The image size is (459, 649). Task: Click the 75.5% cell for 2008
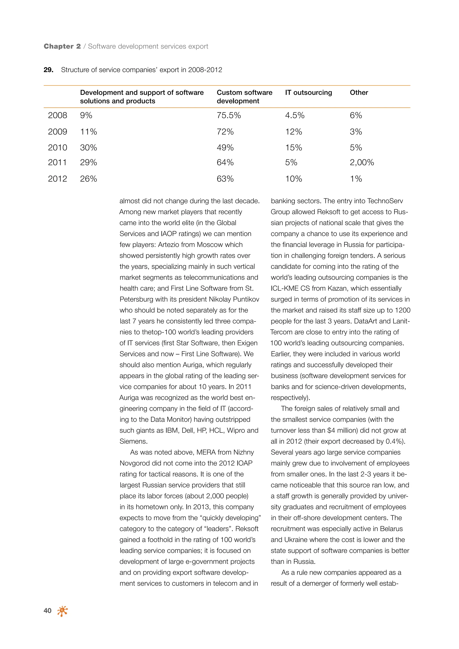pyautogui.click(x=229, y=115)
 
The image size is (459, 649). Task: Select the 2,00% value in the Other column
pyautogui.click(x=362, y=162)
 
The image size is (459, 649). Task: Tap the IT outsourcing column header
pyautogui.click(x=308, y=93)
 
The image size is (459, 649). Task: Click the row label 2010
pyautogui.click(x=57, y=147)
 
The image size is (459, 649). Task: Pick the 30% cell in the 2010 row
pyautogui.click(x=89, y=147)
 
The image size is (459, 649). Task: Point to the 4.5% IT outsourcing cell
pyautogui.click(x=294, y=115)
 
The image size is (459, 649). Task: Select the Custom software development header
pyautogui.click(x=244, y=97)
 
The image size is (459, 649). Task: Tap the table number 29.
pyautogui.click(x=48, y=70)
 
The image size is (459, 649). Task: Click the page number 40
pyautogui.click(x=48, y=610)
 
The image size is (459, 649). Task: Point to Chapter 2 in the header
pyautogui.click(x=62, y=46)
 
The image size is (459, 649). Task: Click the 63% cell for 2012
pyautogui.click(x=225, y=179)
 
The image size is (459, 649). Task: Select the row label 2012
pyautogui.click(x=57, y=179)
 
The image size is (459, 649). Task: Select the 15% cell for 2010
pyautogui.click(x=293, y=147)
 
